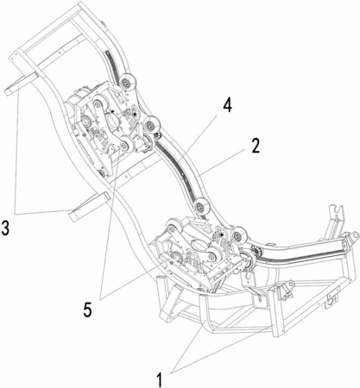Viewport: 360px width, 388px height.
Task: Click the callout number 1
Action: pyautogui.click(x=160, y=379)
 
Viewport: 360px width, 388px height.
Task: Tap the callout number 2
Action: pyautogui.click(x=254, y=146)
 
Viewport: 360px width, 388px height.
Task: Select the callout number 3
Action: pyautogui.click(x=5, y=228)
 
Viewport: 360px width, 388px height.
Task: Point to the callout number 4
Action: pyautogui.click(x=227, y=105)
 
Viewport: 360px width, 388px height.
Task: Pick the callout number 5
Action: pyautogui.click(x=88, y=310)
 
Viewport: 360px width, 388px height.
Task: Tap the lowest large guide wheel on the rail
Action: pyautogui.click(x=237, y=236)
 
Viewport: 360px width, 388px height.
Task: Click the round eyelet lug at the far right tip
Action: pyautogui.click(x=351, y=237)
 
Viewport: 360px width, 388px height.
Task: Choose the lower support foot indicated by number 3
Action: pyautogui.click(x=89, y=207)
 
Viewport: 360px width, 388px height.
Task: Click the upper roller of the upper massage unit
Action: pyautogui.click(x=99, y=104)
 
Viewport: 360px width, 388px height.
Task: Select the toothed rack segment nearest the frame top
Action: pyautogui.click(x=112, y=67)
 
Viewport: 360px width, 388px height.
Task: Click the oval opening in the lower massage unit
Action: pyautogui.click(x=199, y=246)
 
